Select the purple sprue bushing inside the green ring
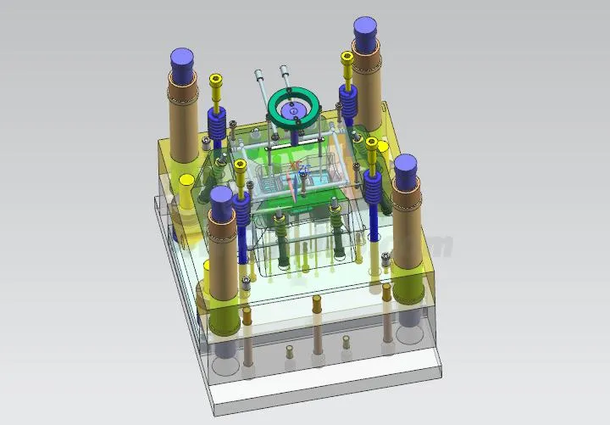pos(294,110)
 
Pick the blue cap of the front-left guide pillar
pos(222,199)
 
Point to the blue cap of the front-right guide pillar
pos(407,166)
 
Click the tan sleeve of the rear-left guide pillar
pos(182,119)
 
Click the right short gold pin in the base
pos(347,344)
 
